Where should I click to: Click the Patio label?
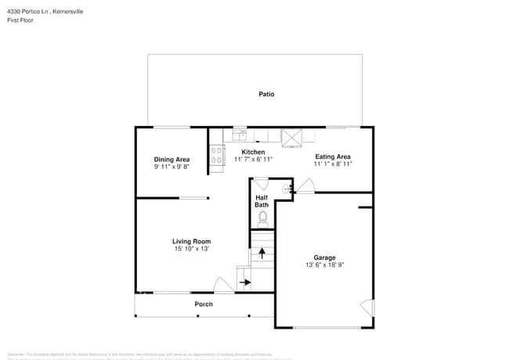click(266, 94)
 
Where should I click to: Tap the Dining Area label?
click(171, 160)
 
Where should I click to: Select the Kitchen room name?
click(253, 152)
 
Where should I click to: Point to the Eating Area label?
click(333, 157)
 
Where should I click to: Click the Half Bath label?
click(262, 201)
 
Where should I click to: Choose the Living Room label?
click(192, 241)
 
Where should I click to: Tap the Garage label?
click(324, 257)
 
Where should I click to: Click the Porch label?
click(204, 304)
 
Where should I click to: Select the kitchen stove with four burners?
click(217, 156)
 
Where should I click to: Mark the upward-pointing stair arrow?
click(262, 253)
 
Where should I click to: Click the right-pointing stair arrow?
click(245, 283)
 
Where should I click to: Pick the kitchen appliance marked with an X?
click(292, 137)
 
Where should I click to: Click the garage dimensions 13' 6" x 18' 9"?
click(324, 266)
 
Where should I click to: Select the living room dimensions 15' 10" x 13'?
click(192, 249)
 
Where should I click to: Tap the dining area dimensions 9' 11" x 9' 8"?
click(171, 167)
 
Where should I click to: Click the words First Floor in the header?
click(22, 20)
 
